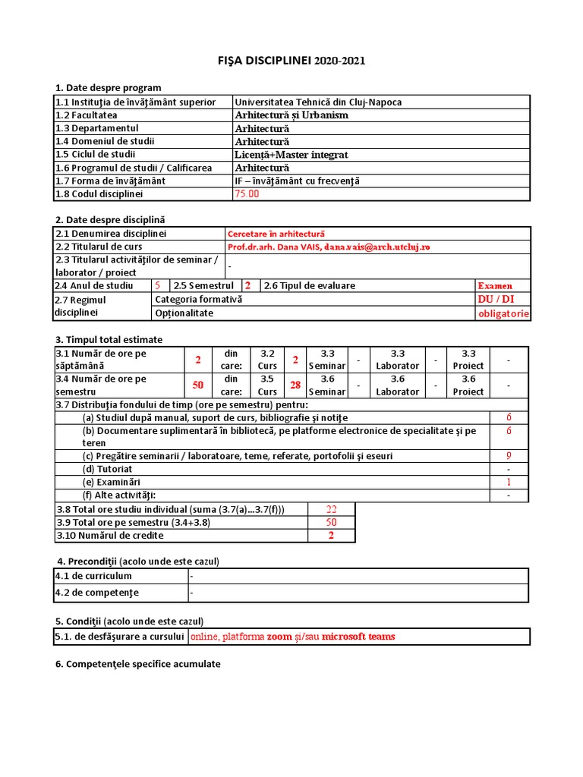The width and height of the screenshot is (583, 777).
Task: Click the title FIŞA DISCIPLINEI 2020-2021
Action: tap(291, 61)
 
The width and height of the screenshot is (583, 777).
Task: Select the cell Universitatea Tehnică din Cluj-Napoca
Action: tap(318, 102)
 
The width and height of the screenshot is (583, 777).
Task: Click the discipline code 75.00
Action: tap(247, 193)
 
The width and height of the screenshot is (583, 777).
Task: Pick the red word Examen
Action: tap(496, 286)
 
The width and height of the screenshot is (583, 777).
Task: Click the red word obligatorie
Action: tap(503, 313)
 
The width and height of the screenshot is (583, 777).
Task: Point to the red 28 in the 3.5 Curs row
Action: tap(295, 385)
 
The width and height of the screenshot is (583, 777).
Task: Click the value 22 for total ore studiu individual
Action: tap(331, 509)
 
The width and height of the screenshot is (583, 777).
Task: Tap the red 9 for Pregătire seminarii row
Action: tap(509, 456)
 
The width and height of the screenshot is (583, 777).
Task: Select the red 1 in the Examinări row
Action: tap(509, 483)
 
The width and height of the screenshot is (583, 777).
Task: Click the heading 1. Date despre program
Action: tap(108, 87)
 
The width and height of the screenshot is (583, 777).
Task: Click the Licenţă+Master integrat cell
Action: tap(291, 155)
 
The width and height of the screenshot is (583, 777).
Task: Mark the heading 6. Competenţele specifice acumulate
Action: tap(138, 664)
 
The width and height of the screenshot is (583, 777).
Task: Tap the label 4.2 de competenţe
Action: tap(97, 593)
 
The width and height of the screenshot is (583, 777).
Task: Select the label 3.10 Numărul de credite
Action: tap(110, 536)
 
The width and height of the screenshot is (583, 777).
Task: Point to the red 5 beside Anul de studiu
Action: tap(157, 286)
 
